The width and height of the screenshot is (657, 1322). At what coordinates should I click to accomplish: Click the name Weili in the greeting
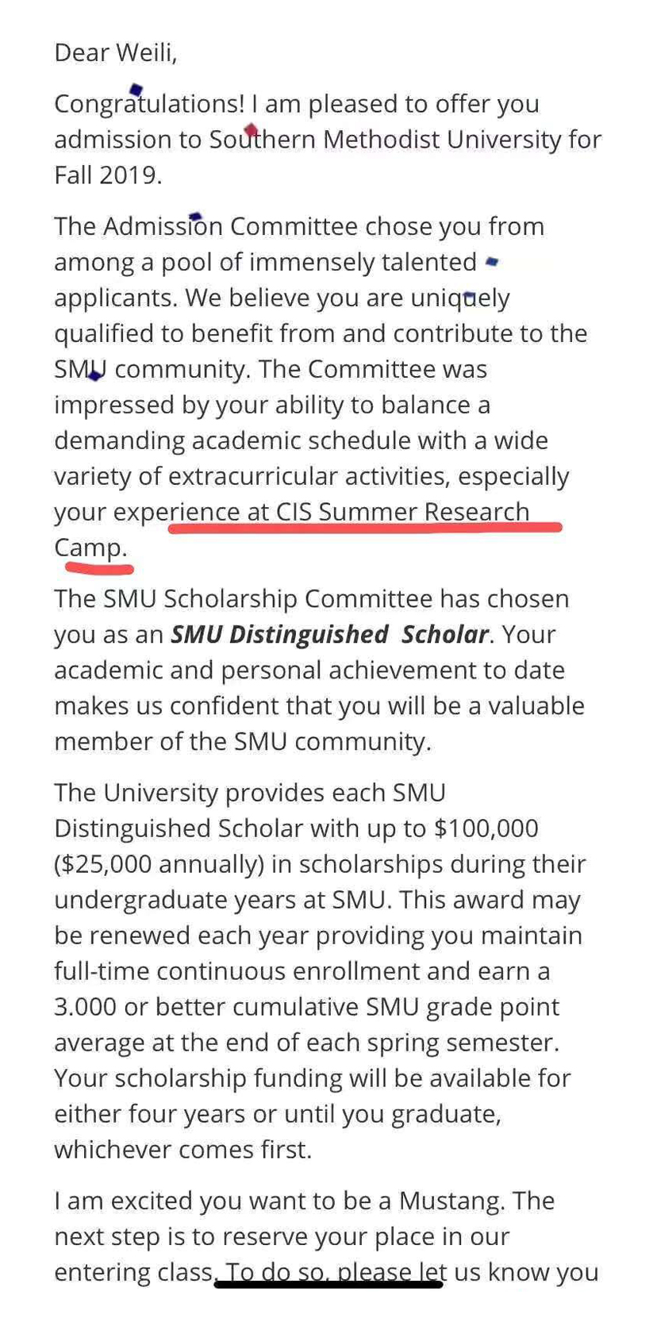(146, 53)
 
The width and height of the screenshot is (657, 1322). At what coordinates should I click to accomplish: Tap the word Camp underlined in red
(90, 548)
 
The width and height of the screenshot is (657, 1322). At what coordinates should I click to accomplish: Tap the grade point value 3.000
(86, 1007)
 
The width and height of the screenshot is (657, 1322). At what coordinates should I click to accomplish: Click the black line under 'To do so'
(328, 1283)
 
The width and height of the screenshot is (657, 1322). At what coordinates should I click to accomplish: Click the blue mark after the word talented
(492, 260)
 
